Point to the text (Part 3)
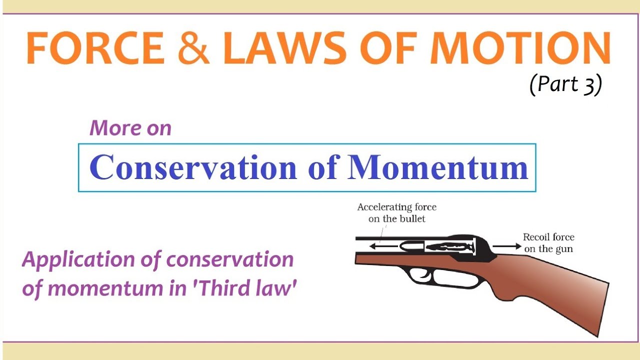tap(565, 84)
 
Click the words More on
tap(130, 128)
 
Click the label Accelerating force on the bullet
tap(396, 212)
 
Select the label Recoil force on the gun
tap(548, 242)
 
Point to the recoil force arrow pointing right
tap(505, 246)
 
